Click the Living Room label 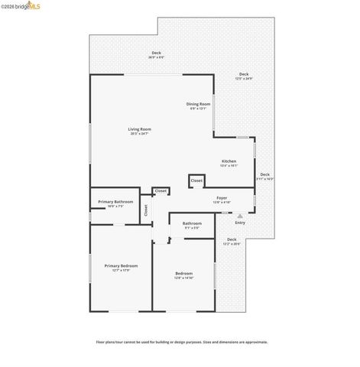point(139,129)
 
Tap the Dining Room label point(199,104)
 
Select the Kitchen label point(229,161)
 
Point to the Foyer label point(222,198)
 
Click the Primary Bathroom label point(115,202)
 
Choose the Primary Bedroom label point(121,265)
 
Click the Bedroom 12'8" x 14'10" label point(183,273)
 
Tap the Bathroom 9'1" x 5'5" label point(191,224)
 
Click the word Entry point(240,222)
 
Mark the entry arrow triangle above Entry point(240,216)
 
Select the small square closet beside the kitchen point(196,181)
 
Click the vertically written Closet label point(146,210)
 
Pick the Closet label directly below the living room point(161,191)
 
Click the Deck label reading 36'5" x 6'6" point(155,52)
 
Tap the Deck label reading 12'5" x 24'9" point(244,74)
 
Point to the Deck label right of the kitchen point(264,174)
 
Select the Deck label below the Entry point(232,240)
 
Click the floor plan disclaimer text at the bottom point(181,343)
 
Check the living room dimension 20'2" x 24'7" point(139,134)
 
